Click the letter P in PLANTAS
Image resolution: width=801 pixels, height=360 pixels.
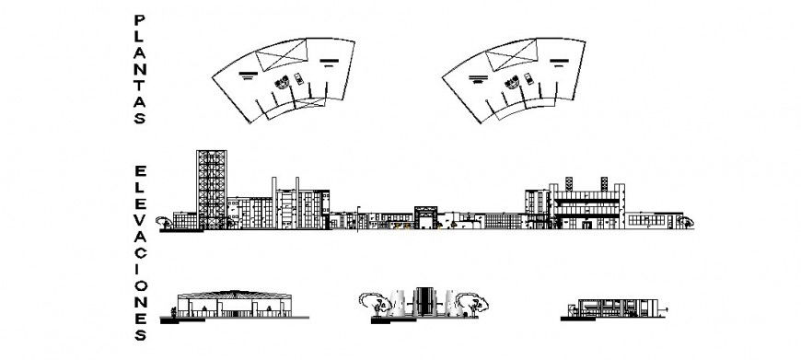pos(138,20)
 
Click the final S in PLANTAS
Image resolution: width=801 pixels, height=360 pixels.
pos(138,119)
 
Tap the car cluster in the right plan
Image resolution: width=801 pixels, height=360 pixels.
pos(520,82)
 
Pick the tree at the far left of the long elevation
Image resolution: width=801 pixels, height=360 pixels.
pos(164,221)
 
